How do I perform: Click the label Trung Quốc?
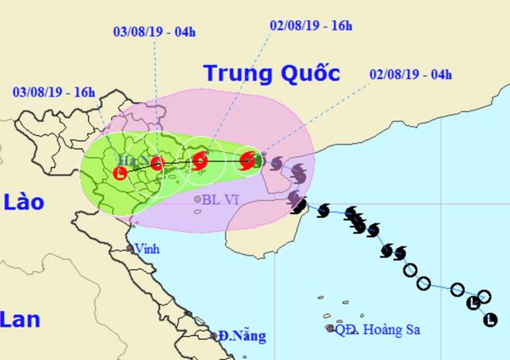click(271, 74)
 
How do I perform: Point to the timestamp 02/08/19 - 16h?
click(310, 25)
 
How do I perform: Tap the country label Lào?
click(23, 203)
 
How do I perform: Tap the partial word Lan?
click(20, 318)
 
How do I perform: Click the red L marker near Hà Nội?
click(121, 173)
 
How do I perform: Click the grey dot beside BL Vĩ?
click(198, 199)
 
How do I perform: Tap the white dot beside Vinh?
click(131, 249)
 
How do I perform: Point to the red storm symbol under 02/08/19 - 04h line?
click(248, 161)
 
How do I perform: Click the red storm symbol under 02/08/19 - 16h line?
click(200, 161)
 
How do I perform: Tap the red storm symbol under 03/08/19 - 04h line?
click(157, 163)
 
